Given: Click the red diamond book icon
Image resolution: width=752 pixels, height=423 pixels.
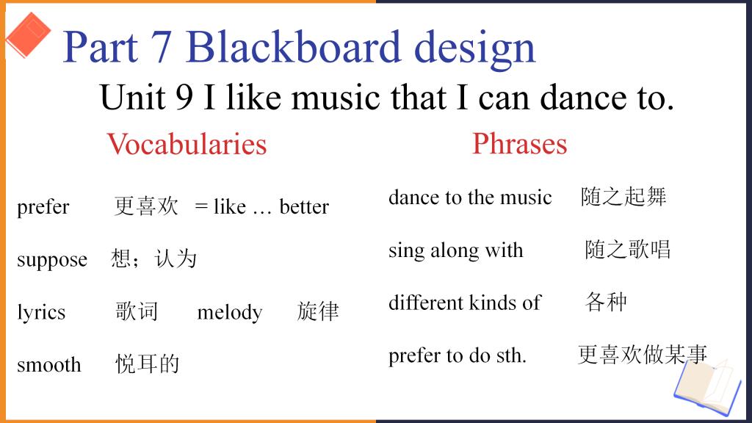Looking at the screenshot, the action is [x=28, y=35].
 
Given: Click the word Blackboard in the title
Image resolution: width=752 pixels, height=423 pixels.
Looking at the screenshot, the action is [x=293, y=47].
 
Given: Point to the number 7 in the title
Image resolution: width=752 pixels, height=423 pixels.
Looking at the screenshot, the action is [x=160, y=47].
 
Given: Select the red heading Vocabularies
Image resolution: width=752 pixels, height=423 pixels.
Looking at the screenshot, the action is [x=187, y=144].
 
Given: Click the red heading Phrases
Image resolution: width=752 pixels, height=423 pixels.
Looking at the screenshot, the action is [x=519, y=143].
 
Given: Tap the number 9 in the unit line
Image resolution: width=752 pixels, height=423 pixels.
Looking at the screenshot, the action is [x=184, y=98].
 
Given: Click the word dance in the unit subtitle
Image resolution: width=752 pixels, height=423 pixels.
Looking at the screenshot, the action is [x=583, y=98].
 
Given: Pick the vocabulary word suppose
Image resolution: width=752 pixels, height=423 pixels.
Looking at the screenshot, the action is [x=52, y=260].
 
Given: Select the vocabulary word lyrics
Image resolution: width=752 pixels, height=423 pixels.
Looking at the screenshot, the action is [x=41, y=312].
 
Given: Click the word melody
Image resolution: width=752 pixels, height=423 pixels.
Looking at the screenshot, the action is [x=230, y=312].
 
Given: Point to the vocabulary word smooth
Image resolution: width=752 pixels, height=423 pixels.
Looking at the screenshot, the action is [x=49, y=365].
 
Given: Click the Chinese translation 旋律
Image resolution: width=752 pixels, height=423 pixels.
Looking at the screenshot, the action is [x=317, y=311].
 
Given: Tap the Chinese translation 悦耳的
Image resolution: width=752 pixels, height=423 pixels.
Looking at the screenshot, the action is [x=147, y=364].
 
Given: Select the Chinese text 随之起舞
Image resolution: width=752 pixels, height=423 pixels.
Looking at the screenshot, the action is [x=623, y=197].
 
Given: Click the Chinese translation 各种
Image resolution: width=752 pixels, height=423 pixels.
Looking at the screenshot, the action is [x=606, y=302].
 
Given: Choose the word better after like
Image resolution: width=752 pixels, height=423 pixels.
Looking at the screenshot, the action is [x=304, y=206].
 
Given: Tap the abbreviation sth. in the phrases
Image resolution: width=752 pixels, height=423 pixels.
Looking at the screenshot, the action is [x=511, y=356].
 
